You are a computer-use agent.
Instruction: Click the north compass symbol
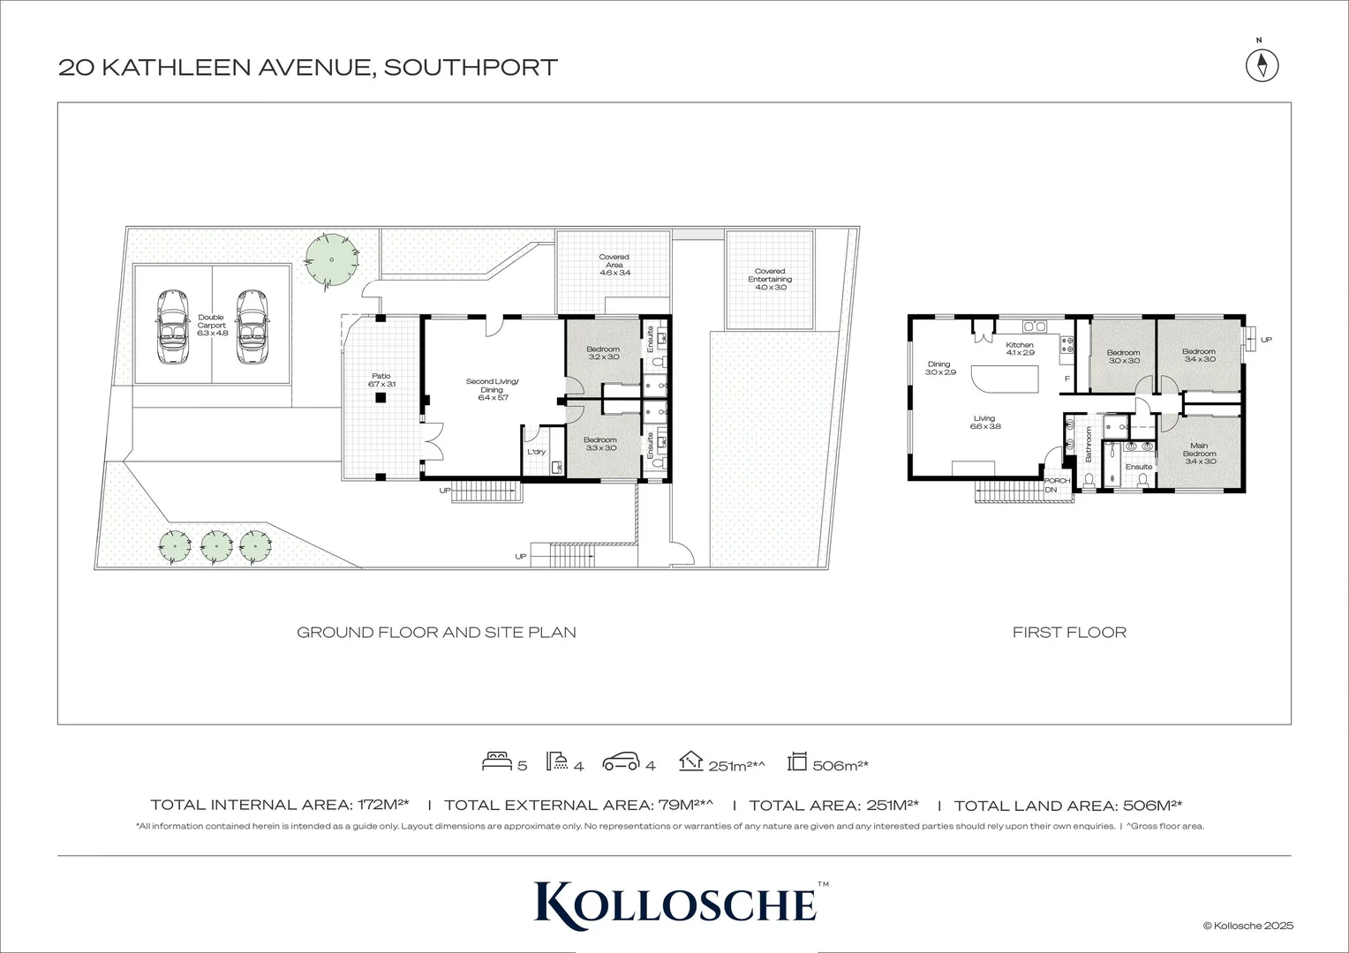(x=1262, y=65)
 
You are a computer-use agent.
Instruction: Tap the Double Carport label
(x=212, y=325)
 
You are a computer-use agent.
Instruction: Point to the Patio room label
(x=381, y=380)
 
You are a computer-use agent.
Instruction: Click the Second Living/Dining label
(x=493, y=389)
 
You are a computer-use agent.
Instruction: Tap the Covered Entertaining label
(x=770, y=279)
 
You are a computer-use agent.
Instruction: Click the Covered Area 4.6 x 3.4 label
(x=614, y=265)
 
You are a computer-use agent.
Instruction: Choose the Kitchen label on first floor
(x=1020, y=349)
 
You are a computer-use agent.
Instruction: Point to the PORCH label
(x=1057, y=481)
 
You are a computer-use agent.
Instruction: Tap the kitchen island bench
(x=1006, y=380)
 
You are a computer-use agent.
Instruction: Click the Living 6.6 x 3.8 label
(x=984, y=422)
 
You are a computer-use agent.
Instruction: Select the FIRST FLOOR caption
(x=1069, y=632)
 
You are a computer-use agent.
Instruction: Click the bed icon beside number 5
(x=496, y=762)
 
